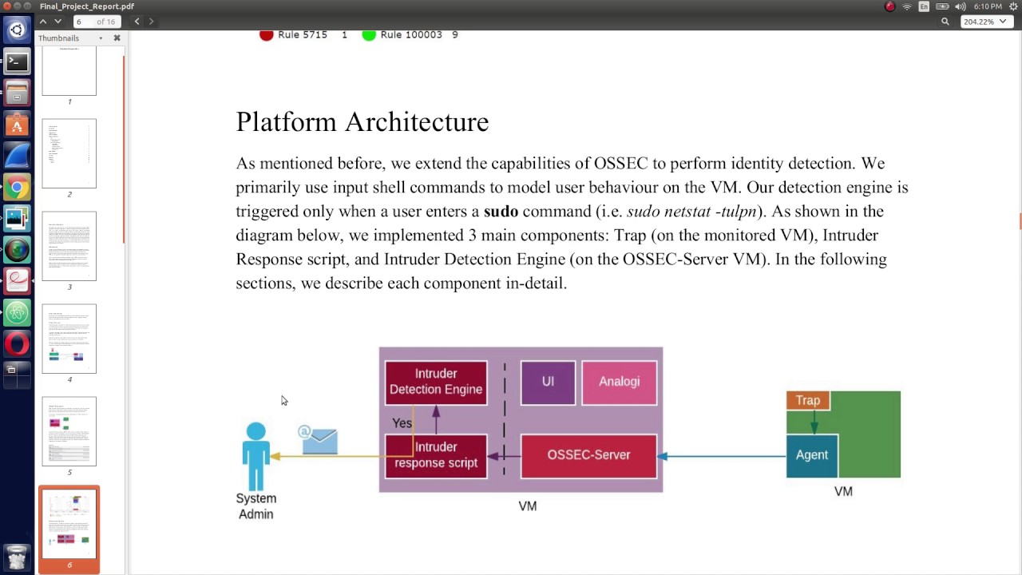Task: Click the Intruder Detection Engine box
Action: pos(436,382)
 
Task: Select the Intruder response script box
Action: pos(436,455)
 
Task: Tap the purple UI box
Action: pos(548,382)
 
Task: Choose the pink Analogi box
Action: pos(620,382)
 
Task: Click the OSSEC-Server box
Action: pos(588,455)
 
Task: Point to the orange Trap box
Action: pos(807,400)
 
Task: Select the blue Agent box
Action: pos(812,455)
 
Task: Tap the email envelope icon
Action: pos(319,441)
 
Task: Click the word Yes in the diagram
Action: pos(402,423)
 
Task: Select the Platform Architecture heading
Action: pos(362,122)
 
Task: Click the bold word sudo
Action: pos(501,212)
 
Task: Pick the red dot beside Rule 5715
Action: pos(267,34)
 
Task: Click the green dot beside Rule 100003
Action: pos(368,34)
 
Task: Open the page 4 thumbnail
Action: pos(69,339)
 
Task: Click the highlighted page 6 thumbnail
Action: pos(69,524)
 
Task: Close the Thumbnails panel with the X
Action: pos(117,38)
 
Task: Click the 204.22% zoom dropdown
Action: pos(984,22)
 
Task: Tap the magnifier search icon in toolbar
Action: pos(945,22)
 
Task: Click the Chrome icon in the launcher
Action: pos(17,188)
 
